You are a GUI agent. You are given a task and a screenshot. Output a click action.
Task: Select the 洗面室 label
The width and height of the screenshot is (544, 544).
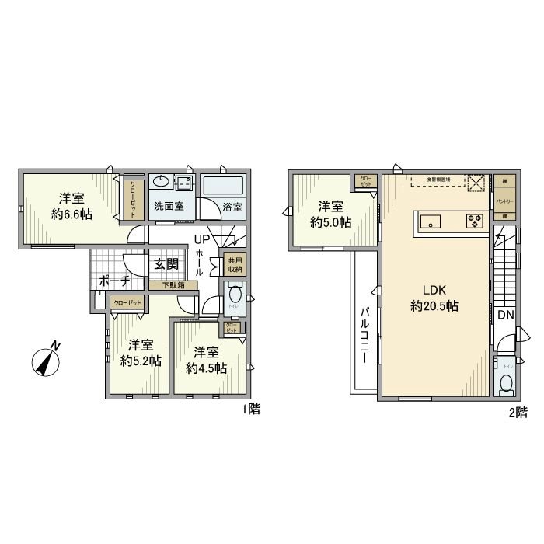(x=168, y=207)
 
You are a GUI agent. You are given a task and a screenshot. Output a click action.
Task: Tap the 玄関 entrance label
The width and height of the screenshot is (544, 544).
(x=166, y=264)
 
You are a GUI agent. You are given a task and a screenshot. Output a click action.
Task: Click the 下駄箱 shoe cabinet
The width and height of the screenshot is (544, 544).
(x=173, y=285)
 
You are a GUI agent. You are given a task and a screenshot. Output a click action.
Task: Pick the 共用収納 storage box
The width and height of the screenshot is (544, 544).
(x=232, y=265)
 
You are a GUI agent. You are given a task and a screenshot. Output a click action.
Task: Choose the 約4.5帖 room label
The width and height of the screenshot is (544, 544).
(x=205, y=361)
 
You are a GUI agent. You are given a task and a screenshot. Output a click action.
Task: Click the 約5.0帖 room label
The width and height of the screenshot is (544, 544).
(x=330, y=214)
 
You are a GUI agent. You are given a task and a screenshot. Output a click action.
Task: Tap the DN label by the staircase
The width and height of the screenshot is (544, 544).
(x=504, y=315)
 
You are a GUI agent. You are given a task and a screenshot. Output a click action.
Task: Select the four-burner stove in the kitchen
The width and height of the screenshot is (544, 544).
(x=473, y=221)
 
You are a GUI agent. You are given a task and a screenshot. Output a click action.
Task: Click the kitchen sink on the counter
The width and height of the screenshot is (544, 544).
(x=431, y=221)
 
